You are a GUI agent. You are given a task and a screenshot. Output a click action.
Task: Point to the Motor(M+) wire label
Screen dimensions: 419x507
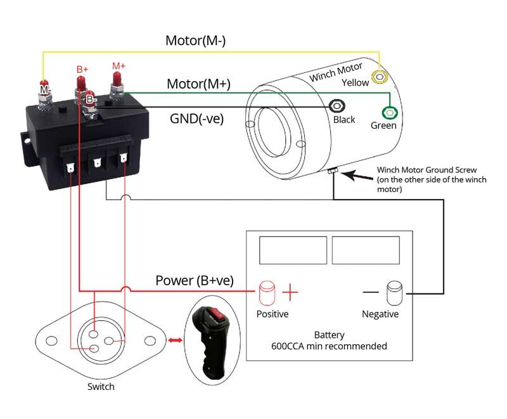pos(198,84)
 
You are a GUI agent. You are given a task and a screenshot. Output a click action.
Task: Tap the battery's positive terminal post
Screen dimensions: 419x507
pos(266,292)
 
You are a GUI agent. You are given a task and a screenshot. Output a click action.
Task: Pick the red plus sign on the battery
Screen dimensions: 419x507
pos(290,292)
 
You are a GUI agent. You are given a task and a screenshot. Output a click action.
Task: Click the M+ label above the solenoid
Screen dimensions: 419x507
pos(119,66)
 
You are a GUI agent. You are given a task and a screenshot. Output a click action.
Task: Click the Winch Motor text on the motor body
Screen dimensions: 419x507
pos(335,71)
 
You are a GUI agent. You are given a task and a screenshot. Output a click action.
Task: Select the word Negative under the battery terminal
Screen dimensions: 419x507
pos(380,314)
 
